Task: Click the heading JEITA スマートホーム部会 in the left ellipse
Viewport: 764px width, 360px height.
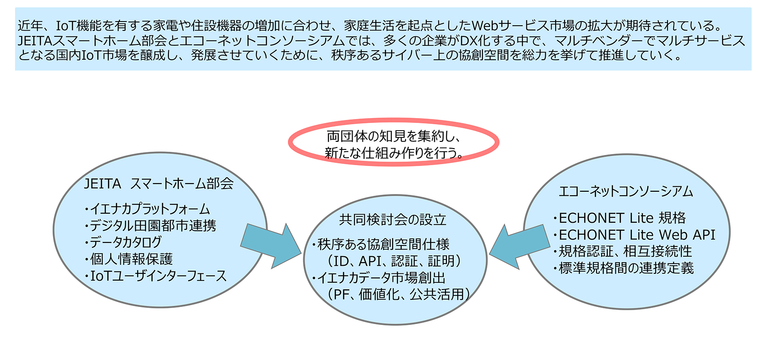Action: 159,184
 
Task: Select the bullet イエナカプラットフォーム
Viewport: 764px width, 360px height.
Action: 147,209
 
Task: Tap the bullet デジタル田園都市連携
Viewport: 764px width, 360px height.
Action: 150,226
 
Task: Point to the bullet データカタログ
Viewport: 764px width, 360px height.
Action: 123,242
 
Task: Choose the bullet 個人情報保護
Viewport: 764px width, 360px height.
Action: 128,259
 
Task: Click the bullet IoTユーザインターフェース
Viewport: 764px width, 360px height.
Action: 155,276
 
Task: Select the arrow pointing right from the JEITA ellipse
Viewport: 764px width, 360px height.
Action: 270,246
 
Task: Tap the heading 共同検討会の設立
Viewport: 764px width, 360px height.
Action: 393,220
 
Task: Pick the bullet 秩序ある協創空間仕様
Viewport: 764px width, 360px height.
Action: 380,245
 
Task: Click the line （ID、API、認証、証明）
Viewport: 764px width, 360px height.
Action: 394,261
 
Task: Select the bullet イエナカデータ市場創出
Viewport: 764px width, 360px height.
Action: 379,278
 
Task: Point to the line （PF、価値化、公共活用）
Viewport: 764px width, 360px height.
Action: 398,294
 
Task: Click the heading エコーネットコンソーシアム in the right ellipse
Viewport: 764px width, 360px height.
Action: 626,192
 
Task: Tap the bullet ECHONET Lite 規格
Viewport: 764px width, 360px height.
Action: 619,218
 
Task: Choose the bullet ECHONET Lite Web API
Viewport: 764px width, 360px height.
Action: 634,235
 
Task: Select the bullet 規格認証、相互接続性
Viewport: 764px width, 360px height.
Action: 623,251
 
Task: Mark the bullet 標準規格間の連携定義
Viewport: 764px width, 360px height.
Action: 623,268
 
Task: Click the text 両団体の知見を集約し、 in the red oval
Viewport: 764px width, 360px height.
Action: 394,136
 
